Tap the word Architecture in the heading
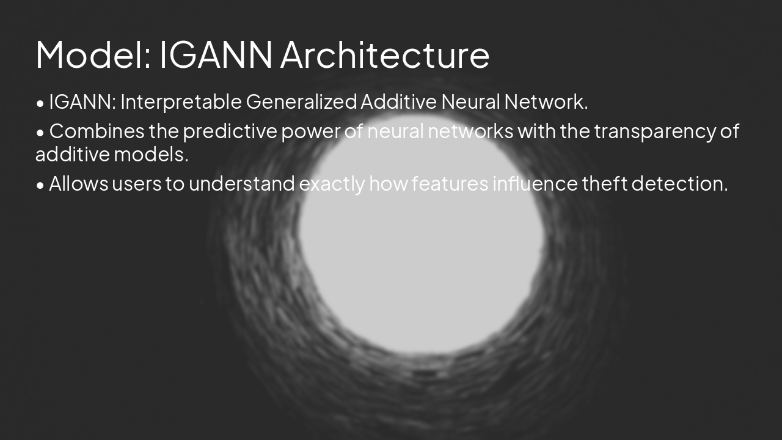[x=385, y=54]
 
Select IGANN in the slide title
[x=216, y=54]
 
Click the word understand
[x=242, y=183]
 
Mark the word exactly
[x=332, y=183]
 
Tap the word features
[x=450, y=183]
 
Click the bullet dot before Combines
[x=40, y=133]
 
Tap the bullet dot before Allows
[x=40, y=185]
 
